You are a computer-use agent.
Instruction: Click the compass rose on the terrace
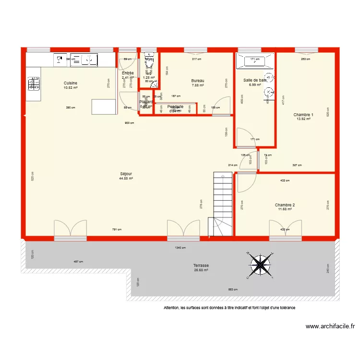(260, 264)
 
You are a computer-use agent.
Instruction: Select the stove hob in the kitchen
(34, 84)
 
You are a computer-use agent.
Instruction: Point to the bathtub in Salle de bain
(254, 60)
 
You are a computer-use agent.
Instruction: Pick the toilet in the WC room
(149, 62)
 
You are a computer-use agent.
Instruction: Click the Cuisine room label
(71, 83)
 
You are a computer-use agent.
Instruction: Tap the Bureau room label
(197, 81)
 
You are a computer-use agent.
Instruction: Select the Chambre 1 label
(303, 115)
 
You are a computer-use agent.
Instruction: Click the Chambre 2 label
(285, 205)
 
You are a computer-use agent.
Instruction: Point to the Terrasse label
(201, 265)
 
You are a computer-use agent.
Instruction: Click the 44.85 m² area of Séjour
(126, 178)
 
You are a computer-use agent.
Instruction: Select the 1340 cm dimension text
(180, 248)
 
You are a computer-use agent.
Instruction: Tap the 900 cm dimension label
(129, 123)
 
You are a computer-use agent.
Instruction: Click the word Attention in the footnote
(171, 308)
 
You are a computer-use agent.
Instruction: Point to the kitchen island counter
(104, 107)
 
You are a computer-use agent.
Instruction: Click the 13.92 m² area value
(303, 119)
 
